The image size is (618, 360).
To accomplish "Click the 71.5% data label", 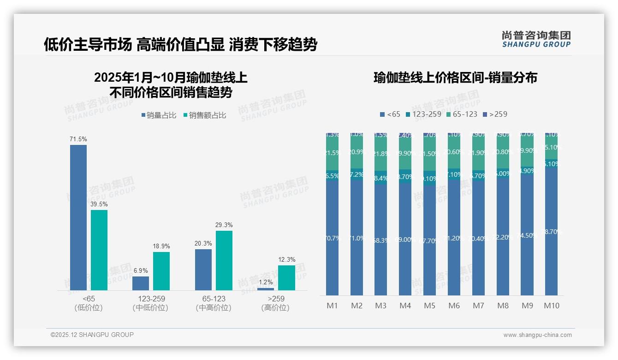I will (78, 139).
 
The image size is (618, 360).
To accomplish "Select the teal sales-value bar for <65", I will (99, 250).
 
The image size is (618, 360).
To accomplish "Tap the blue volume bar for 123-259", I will (141, 283).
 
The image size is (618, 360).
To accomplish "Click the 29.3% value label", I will (224, 225).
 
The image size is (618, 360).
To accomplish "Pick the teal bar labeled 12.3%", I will (286, 277).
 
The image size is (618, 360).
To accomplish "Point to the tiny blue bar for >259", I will (266, 289).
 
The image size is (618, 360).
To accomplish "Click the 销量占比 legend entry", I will (158, 115).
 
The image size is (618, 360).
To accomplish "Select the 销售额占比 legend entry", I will (204, 115).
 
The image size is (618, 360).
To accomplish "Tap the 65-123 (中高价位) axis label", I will (214, 303).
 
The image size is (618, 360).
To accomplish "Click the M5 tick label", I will (429, 306).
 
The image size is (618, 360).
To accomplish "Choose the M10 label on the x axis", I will (551, 306).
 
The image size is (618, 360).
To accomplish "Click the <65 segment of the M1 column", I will (332, 238).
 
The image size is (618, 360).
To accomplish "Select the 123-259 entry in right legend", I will (423, 114).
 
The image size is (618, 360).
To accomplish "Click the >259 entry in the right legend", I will (495, 114).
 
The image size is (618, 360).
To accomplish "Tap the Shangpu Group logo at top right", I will (536, 39).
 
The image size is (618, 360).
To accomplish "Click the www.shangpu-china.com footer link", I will (537, 335).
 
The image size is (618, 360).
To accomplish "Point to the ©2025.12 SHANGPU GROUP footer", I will (92, 335).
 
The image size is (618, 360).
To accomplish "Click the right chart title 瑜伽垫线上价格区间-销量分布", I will (455, 78).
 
